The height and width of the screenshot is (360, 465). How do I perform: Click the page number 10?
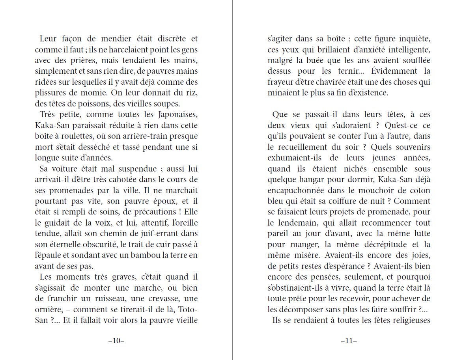(x=116, y=341)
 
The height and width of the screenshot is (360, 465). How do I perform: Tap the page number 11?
(x=349, y=341)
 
